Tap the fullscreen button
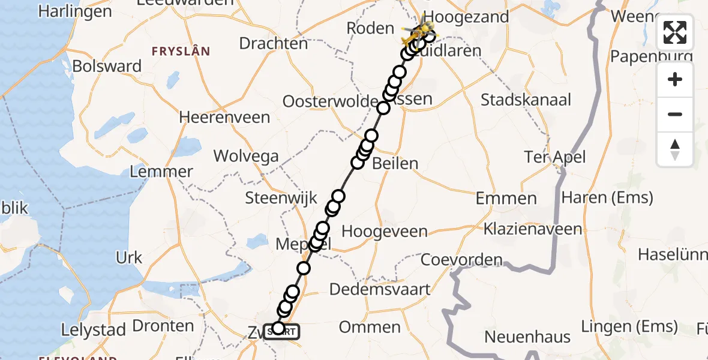pyautogui.click(x=675, y=32)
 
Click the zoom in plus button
pyautogui.click(x=675, y=79)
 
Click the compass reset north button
pyautogui.click(x=675, y=149)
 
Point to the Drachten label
pyautogui.click(x=273, y=43)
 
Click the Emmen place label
pyautogui.click(x=506, y=198)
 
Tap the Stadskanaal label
pyautogui.click(x=526, y=100)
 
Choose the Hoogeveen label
pyautogui.click(x=385, y=231)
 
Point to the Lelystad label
pyautogui.click(x=94, y=329)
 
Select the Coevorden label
pyautogui.click(x=461, y=260)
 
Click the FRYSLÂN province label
pyautogui.click(x=181, y=52)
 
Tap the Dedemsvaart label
pyautogui.click(x=380, y=289)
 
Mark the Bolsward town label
pyautogui.click(x=107, y=66)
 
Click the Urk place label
pyautogui.click(x=129, y=258)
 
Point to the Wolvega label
pyautogui.click(x=247, y=157)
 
